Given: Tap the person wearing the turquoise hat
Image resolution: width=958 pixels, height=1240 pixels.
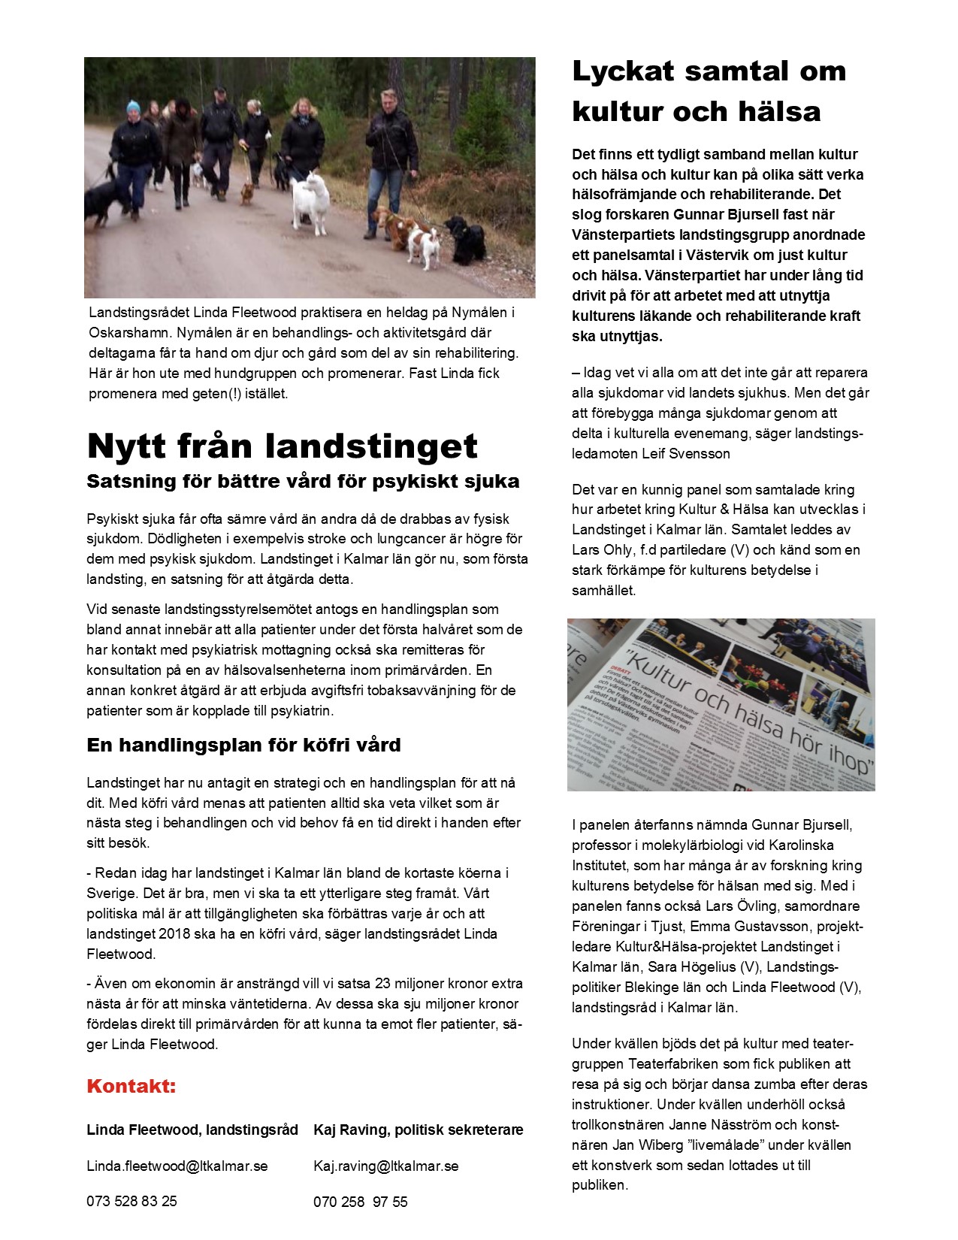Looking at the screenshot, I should tap(134, 150).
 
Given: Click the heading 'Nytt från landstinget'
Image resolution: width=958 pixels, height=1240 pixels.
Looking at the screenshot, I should tap(282, 446).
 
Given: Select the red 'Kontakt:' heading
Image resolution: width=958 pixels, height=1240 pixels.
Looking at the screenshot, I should tap(131, 1086).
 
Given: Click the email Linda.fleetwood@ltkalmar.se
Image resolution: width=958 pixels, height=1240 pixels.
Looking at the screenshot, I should tap(177, 1166).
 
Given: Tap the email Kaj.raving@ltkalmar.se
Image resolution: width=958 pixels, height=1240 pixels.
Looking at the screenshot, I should tap(385, 1166).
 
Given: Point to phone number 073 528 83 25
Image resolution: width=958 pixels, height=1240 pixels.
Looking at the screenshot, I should tap(131, 1201).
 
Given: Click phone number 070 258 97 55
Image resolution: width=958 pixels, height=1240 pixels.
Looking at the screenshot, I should tap(360, 1202).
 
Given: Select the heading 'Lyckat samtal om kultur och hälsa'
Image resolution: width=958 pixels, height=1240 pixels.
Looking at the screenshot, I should tap(709, 91).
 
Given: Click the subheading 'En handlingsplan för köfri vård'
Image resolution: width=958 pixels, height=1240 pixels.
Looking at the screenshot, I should tap(243, 745).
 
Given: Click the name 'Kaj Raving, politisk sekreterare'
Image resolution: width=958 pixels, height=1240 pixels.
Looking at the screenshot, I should tap(418, 1130).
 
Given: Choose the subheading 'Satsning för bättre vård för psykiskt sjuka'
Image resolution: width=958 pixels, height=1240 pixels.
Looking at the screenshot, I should tap(303, 481).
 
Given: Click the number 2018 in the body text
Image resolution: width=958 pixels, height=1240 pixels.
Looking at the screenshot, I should tap(174, 934).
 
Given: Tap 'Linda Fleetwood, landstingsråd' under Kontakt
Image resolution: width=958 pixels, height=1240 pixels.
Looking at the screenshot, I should tap(192, 1130).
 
